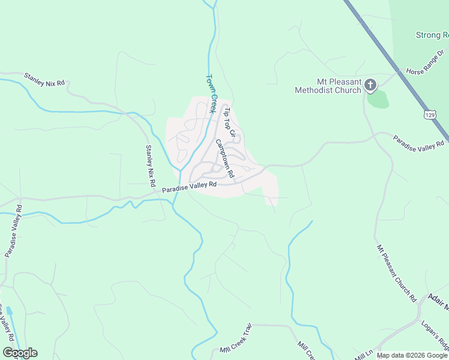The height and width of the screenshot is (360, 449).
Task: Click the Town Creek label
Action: [211, 94]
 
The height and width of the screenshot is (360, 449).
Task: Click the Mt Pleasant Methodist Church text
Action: [328, 86]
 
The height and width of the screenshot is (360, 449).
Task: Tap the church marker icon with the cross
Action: [370, 86]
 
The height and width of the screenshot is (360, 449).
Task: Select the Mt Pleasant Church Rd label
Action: [396, 272]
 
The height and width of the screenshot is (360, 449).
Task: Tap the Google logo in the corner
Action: [20, 353]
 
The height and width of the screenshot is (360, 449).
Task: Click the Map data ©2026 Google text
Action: [411, 355]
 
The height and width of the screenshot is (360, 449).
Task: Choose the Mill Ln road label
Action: [364, 355]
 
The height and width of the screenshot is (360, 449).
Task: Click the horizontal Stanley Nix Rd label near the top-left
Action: [44, 79]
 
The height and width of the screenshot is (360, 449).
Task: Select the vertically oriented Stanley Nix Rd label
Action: [151, 166]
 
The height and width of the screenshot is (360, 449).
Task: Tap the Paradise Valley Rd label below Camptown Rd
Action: [189, 188]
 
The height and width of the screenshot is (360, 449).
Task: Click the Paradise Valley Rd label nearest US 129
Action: [419, 141]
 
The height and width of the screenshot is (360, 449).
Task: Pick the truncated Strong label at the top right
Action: [432, 35]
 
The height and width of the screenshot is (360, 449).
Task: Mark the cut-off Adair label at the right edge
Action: [438, 301]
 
